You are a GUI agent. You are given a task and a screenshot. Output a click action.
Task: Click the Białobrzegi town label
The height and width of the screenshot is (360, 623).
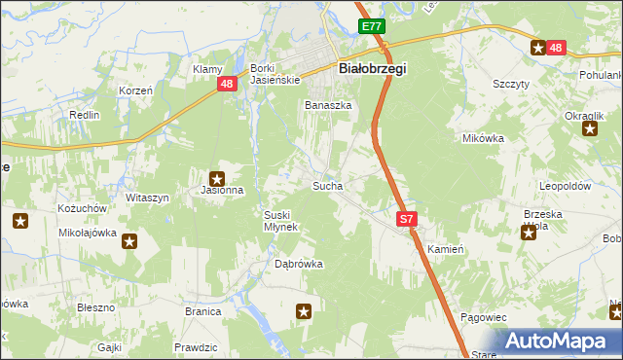[x=371, y=69]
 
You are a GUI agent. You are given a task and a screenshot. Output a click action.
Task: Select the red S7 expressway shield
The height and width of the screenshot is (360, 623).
[x=407, y=221]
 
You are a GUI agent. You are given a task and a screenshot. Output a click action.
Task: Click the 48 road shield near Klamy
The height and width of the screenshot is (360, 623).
[x=226, y=85]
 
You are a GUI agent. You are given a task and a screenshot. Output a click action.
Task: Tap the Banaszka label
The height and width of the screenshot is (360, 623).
[x=327, y=106]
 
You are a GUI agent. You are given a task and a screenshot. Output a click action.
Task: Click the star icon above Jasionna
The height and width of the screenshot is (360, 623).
[x=217, y=178]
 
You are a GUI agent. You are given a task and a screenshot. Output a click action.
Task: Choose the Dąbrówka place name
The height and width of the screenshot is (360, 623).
[x=298, y=264]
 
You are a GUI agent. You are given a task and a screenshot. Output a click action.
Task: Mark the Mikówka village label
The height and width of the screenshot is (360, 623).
[x=483, y=138]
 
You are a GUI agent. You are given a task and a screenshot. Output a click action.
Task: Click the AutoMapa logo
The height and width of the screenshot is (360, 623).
[x=561, y=341]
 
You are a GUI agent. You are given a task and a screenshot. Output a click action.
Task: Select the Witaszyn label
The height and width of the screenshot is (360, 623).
[x=147, y=198]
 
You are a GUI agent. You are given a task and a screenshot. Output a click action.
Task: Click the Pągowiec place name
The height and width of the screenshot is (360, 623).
[x=483, y=317]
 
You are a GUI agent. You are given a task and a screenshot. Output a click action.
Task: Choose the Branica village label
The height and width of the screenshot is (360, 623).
[x=202, y=312]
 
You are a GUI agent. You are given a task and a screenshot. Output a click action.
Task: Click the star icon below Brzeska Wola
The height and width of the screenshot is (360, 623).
[x=529, y=233]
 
